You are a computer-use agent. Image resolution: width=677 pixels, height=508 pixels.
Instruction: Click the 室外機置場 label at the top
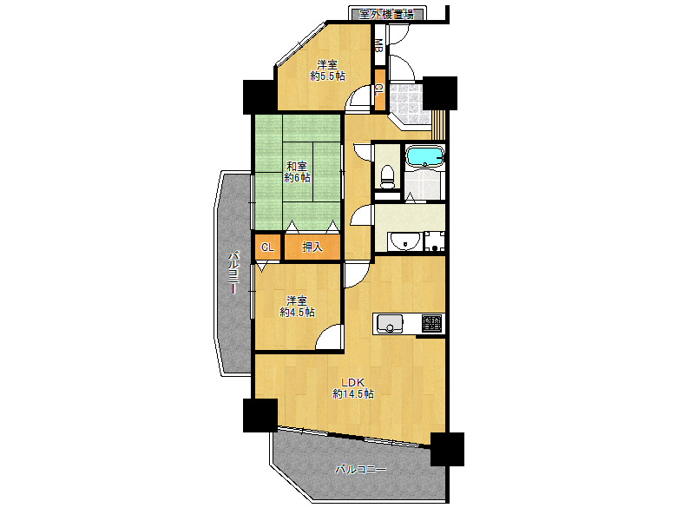386,14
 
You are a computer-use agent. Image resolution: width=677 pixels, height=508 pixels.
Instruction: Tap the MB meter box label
378,45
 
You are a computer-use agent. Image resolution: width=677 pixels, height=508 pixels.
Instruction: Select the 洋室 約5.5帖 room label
328,70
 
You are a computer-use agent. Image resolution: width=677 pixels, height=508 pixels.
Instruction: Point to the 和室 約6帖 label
297,171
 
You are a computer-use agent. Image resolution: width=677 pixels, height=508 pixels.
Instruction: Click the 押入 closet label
312,247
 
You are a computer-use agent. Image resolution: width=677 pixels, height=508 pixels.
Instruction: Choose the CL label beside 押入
267,247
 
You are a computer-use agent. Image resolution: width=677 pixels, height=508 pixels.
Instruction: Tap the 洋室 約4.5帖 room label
297,307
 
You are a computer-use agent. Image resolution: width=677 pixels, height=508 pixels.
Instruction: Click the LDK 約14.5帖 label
353,388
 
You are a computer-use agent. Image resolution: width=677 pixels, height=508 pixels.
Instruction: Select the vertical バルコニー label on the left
233,273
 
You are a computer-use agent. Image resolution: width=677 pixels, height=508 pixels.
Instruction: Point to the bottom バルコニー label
360,469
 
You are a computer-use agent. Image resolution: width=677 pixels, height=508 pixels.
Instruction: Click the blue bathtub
425,156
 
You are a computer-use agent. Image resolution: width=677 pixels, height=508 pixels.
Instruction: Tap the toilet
387,177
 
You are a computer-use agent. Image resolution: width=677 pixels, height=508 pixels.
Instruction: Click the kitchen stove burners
432,323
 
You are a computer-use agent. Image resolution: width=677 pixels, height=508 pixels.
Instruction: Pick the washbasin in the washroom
404,241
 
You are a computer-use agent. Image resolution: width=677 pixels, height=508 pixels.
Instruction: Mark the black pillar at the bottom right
447,449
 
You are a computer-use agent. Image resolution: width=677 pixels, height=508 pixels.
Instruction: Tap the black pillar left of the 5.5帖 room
260,97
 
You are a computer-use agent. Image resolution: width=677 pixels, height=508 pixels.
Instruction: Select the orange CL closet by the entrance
379,90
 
